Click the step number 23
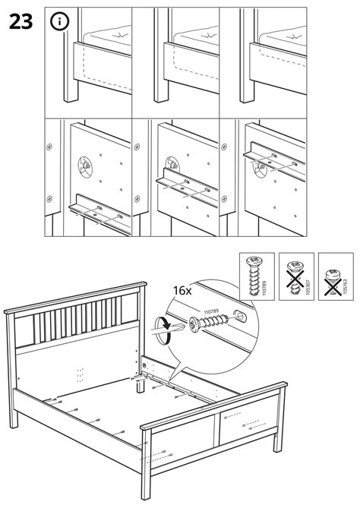tap(21, 22)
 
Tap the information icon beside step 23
tap(59, 22)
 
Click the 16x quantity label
tap(182, 291)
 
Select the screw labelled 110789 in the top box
tap(253, 276)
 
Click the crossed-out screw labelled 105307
tap(295, 277)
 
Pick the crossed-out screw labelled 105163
tap(333, 282)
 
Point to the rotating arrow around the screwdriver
tap(164, 331)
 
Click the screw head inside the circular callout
tap(195, 325)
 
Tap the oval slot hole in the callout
tap(239, 316)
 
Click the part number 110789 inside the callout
tap(211, 311)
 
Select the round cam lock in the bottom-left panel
tap(85, 166)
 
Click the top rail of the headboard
tap(75, 297)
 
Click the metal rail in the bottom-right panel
tap(274, 160)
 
